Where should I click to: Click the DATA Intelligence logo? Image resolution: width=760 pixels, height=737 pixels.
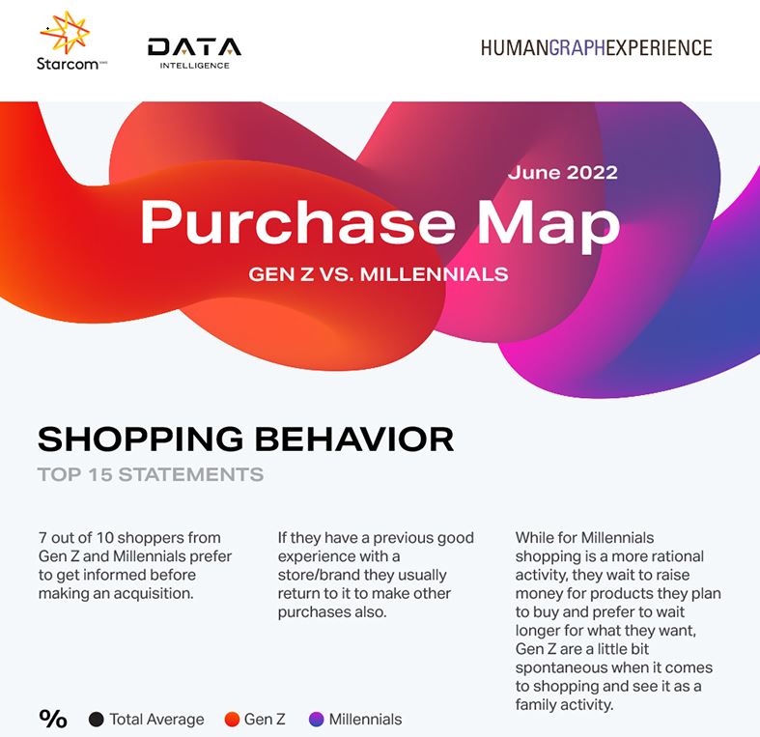click(194, 52)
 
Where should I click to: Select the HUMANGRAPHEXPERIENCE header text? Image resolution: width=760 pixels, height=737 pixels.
click(596, 47)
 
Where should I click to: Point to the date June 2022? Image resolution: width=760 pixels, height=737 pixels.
click(562, 173)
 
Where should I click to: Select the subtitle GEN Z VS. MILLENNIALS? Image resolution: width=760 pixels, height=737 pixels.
click(379, 273)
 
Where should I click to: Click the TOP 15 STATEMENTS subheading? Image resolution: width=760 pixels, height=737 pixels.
click(150, 474)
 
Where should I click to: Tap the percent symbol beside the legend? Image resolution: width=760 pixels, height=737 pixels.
click(53, 719)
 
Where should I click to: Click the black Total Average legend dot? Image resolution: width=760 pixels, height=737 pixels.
click(97, 719)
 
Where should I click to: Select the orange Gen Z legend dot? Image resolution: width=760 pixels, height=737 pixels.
click(232, 719)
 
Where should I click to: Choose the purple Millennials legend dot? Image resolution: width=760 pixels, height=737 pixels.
click(316, 719)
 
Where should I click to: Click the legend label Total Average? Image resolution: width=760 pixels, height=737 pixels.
click(156, 719)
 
